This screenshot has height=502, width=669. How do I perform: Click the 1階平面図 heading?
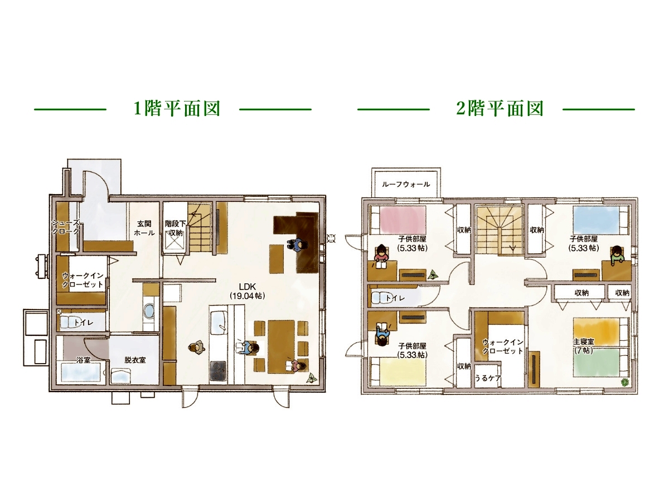pos(177,109)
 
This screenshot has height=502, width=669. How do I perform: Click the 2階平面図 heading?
pos(500,109)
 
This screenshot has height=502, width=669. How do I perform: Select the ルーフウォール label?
pos(406,184)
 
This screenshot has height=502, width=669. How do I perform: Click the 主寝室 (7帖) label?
pos(583,346)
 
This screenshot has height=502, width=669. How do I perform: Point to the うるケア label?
pos(488,377)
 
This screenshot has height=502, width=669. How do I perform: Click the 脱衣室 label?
pos(135,360)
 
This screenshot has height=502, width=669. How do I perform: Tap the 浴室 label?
pos(84,360)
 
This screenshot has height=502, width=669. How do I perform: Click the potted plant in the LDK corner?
pos(310,378)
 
